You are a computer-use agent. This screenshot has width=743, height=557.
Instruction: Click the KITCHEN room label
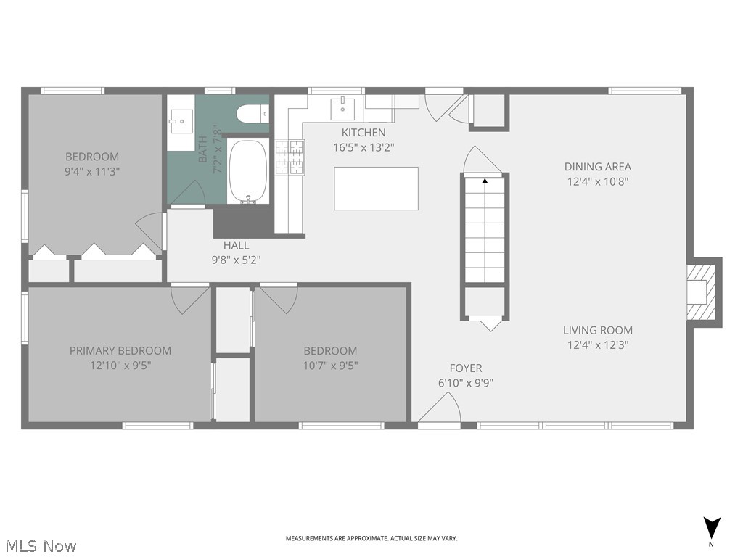(x=364, y=133)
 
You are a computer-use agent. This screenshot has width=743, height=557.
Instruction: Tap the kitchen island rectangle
(x=376, y=189)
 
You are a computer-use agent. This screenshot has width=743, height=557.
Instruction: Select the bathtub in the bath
(x=248, y=172)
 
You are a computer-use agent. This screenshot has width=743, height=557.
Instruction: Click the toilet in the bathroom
(x=252, y=114)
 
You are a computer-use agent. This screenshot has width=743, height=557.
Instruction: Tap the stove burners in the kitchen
(x=290, y=157)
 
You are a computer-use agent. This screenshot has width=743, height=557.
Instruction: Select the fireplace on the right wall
(x=702, y=292)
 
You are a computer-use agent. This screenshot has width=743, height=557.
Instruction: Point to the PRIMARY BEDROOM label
(x=120, y=350)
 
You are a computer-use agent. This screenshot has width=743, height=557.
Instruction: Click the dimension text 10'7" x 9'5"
(x=330, y=366)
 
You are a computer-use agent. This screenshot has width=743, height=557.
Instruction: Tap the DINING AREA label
(x=598, y=166)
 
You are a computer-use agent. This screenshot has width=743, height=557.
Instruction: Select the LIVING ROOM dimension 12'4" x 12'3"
(x=598, y=345)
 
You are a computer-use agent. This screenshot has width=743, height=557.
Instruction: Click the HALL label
(x=236, y=245)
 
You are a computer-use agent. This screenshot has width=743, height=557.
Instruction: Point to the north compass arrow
(x=712, y=527)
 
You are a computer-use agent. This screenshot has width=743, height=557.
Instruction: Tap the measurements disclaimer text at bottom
(x=371, y=538)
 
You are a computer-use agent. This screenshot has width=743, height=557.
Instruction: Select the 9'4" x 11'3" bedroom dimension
(x=92, y=172)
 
